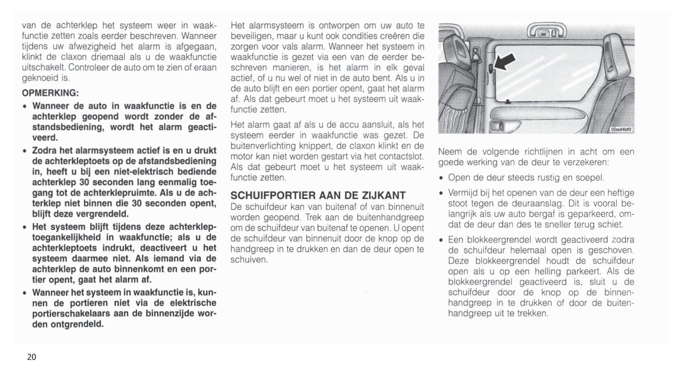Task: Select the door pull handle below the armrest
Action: tap(496, 126)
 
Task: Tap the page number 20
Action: tap(31, 357)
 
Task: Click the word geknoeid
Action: tap(39, 78)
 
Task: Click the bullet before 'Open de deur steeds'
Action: tap(442, 178)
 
